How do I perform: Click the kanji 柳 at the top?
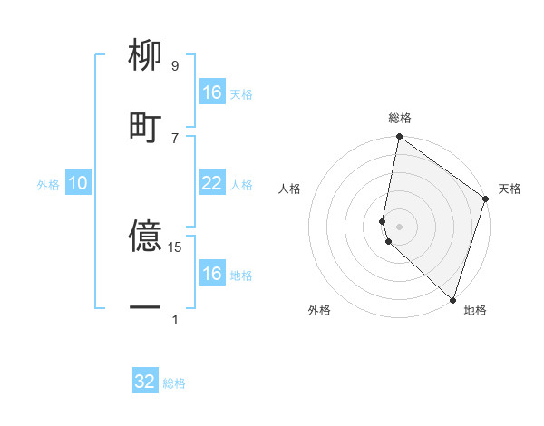click(145, 57)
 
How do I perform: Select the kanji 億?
click(145, 237)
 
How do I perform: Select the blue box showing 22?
click(211, 184)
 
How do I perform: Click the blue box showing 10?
click(77, 184)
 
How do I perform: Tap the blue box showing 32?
click(145, 382)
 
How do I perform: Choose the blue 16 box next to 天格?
click(211, 92)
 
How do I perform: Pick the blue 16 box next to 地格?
click(211, 274)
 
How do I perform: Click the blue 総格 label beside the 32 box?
click(174, 383)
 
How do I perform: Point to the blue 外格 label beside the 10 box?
click(48, 185)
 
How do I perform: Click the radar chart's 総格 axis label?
click(400, 118)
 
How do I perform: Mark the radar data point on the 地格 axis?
click(452, 298)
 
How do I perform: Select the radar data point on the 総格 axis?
click(399, 138)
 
